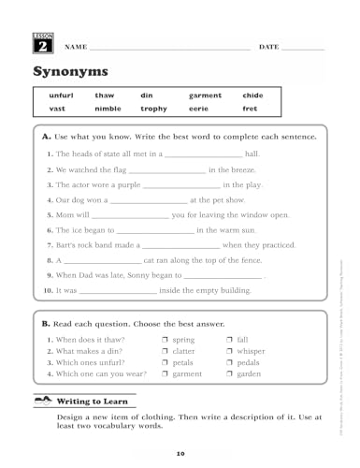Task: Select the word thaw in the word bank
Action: pyautogui.click(x=104, y=95)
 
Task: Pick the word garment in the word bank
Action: pyautogui.click(x=205, y=95)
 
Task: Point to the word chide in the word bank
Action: pyautogui.click(x=252, y=95)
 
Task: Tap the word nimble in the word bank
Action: pyautogui.click(x=108, y=110)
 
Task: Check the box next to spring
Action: pyautogui.click(x=165, y=339)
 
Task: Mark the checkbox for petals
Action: pyautogui.click(x=165, y=361)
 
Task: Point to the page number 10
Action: pyautogui.click(x=180, y=453)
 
